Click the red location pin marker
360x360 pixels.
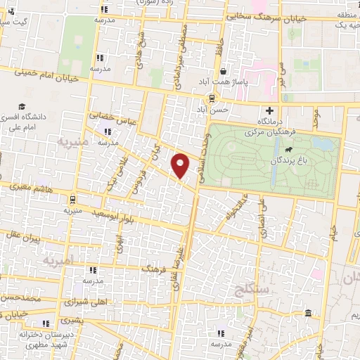tap(181, 165)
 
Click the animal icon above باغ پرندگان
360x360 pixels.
tap(288, 149)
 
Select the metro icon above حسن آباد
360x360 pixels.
tap(211, 99)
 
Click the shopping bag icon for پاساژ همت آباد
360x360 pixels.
tap(224, 71)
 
